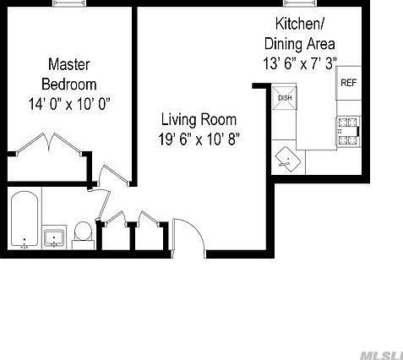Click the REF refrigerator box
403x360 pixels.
point(349,82)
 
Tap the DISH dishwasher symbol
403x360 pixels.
point(285,97)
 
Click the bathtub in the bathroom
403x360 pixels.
point(24,221)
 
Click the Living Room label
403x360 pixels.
point(199,119)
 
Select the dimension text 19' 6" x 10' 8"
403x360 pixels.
point(199,139)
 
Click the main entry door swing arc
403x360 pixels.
point(189,234)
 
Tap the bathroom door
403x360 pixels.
point(103,203)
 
